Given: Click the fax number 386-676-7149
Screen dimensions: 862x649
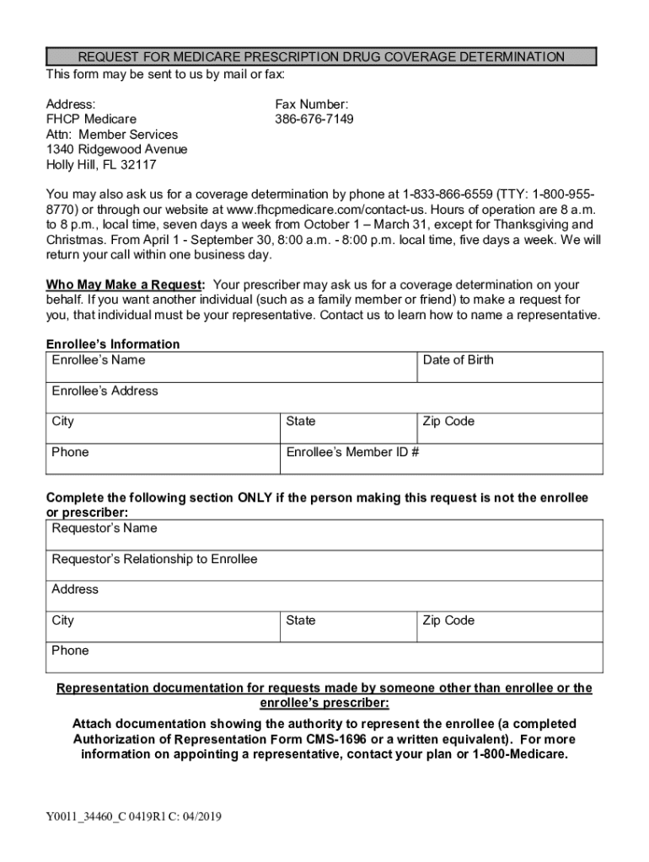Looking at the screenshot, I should coord(314,120).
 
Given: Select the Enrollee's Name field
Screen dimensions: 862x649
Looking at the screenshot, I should coord(231,367).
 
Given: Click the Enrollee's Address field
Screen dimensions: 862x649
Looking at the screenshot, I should coord(324,397).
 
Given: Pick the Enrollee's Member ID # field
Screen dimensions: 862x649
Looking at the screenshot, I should coord(442,459).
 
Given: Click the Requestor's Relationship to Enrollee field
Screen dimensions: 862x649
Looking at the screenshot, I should coord(324,566).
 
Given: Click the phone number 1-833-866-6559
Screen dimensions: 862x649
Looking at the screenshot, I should coord(448,194).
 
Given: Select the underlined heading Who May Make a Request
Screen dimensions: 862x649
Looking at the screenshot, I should coord(125,285).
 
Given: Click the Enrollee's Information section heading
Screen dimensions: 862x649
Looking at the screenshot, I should coord(112,344).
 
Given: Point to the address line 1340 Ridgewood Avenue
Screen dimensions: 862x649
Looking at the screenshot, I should coord(116,150).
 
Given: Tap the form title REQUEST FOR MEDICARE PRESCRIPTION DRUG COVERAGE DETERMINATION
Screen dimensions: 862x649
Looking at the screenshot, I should coord(320,57).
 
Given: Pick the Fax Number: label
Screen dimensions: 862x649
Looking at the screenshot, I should coord(311,104).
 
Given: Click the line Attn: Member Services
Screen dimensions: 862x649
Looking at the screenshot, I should coord(111,135).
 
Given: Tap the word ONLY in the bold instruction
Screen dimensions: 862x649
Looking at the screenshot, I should coord(255,498).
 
